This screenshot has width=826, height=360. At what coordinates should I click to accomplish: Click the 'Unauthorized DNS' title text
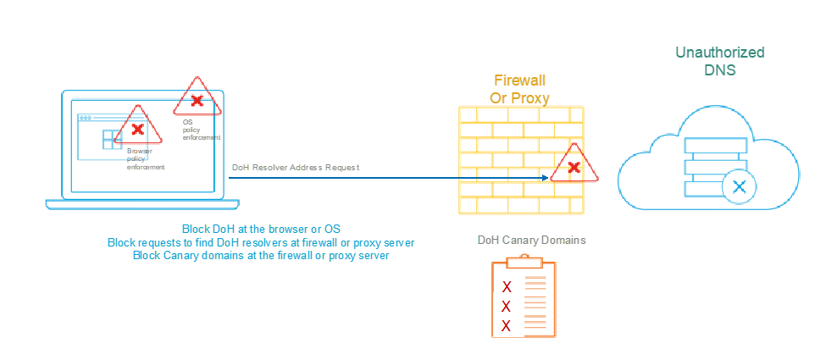720,61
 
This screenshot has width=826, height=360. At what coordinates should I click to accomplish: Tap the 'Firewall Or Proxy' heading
520,89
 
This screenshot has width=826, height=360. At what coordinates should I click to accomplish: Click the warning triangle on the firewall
574,167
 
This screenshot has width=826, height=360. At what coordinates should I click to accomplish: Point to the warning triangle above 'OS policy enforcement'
197,100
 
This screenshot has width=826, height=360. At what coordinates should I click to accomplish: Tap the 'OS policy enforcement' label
191,130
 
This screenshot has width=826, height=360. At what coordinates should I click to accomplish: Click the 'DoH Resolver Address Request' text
296,168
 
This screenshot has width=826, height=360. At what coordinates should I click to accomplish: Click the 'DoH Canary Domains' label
531,241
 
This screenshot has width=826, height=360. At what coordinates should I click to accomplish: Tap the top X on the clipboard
507,285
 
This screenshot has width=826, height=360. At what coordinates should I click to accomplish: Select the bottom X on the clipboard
507,326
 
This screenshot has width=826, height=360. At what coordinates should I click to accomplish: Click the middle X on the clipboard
507,306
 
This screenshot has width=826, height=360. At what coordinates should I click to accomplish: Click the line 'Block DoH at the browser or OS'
261,230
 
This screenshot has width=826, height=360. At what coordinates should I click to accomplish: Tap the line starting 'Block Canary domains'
261,255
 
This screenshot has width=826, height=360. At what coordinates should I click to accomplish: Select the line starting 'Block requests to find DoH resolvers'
261,242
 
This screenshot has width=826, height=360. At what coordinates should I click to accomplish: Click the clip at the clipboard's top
524,258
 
